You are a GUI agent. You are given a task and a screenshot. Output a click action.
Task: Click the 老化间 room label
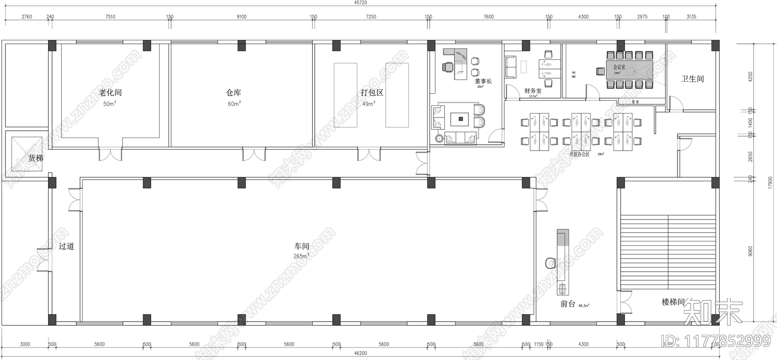point(110,92)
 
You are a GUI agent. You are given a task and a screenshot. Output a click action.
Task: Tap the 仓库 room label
point(234,92)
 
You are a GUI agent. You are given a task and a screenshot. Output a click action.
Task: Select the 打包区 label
point(372,92)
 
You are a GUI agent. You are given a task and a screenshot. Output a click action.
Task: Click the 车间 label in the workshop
point(301,246)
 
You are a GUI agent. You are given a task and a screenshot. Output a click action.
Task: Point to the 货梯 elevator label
point(35,158)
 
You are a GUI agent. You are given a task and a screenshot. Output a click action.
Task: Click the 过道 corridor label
point(67,246)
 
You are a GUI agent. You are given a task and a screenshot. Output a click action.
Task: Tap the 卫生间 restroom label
point(693,79)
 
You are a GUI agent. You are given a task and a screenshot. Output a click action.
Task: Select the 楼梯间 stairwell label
point(673,302)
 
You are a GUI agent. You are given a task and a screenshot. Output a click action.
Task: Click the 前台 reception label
point(568,304)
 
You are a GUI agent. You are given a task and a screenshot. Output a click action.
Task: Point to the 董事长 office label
point(483,81)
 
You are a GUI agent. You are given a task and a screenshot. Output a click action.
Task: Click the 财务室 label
point(533,90)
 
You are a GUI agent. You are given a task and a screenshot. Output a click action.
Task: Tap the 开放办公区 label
point(579,154)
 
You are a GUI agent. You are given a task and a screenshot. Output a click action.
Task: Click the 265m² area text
point(302,256)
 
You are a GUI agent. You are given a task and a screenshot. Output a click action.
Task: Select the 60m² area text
point(234,103)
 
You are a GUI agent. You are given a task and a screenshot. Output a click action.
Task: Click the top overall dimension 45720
point(360,3)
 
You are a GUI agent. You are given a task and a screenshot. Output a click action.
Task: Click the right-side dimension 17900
point(770,183)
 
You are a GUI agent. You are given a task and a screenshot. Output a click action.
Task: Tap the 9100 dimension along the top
point(241,17)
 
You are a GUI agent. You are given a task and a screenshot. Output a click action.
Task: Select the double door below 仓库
point(254,154)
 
